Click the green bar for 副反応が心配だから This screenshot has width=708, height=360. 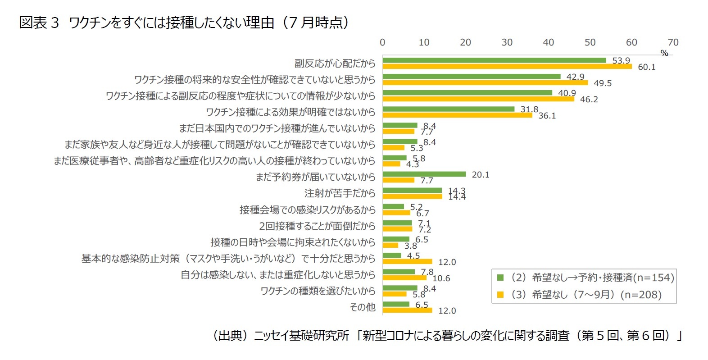click(494, 60)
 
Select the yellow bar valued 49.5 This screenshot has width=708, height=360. click(485, 83)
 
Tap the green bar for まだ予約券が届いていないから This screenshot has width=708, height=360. click(424, 174)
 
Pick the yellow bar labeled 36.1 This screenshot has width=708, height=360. click(457, 115)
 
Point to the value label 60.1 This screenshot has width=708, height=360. click(646, 67)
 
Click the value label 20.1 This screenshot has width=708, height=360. click(480, 175)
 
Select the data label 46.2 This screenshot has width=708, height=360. click(589, 100)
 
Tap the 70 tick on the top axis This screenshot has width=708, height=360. click(673, 42)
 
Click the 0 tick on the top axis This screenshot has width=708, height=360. click(382, 42)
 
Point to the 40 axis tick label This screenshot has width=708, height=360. click(548, 42)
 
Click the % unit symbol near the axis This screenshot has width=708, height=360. click(664, 53)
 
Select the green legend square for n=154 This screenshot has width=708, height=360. click(500, 278)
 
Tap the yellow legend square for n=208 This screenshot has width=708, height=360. click(500, 295)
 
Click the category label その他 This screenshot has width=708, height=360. click(362, 307)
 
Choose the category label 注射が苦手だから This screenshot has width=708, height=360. click(340, 193)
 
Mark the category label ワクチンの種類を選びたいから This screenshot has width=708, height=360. click(318, 291)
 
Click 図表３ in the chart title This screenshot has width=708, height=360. click(39, 23)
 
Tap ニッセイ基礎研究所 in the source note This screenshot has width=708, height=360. click(301, 336)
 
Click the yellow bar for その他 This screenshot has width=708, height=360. click(407, 310)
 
